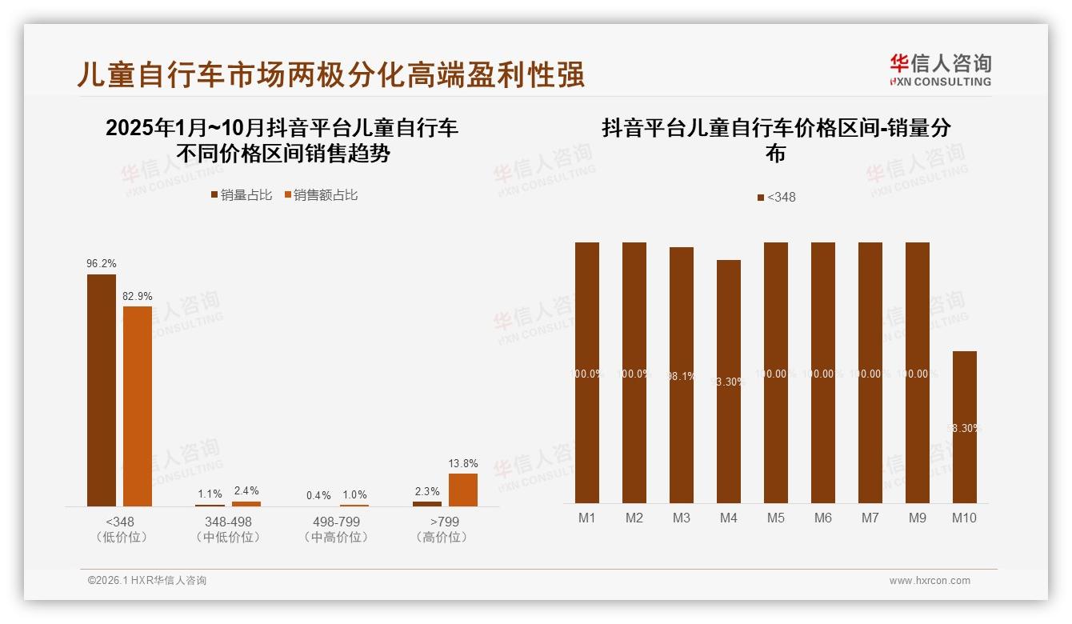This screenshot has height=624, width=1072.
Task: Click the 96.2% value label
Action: pyautogui.click(x=102, y=263)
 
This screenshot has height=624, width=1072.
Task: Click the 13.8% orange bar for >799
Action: pyautogui.click(x=463, y=490)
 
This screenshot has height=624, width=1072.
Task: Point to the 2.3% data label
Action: pyautogui.click(x=427, y=491)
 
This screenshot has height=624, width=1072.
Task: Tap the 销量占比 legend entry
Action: pyautogui.click(x=242, y=194)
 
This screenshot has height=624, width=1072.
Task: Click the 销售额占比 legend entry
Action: pyautogui.click(x=321, y=194)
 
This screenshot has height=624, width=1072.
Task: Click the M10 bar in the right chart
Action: pyautogui.click(x=964, y=427)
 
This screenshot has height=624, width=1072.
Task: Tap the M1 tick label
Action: pyautogui.click(x=587, y=518)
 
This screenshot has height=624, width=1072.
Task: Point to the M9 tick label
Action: pyautogui.click(x=917, y=518)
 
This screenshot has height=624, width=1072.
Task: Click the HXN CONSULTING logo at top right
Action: pyautogui.click(x=940, y=70)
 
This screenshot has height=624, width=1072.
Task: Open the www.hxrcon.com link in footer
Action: pyautogui.click(x=930, y=581)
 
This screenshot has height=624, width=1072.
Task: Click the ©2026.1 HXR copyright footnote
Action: pyautogui.click(x=147, y=581)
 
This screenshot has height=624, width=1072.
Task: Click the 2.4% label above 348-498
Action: pyautogui.click(x=246, y=490)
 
